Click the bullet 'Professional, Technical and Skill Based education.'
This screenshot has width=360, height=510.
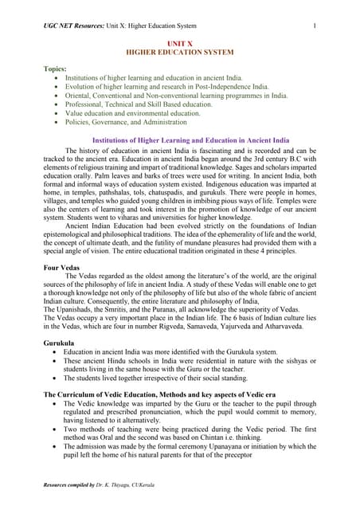click(x=154, y=104)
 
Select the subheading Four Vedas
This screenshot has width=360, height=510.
click(x=65, y=268)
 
